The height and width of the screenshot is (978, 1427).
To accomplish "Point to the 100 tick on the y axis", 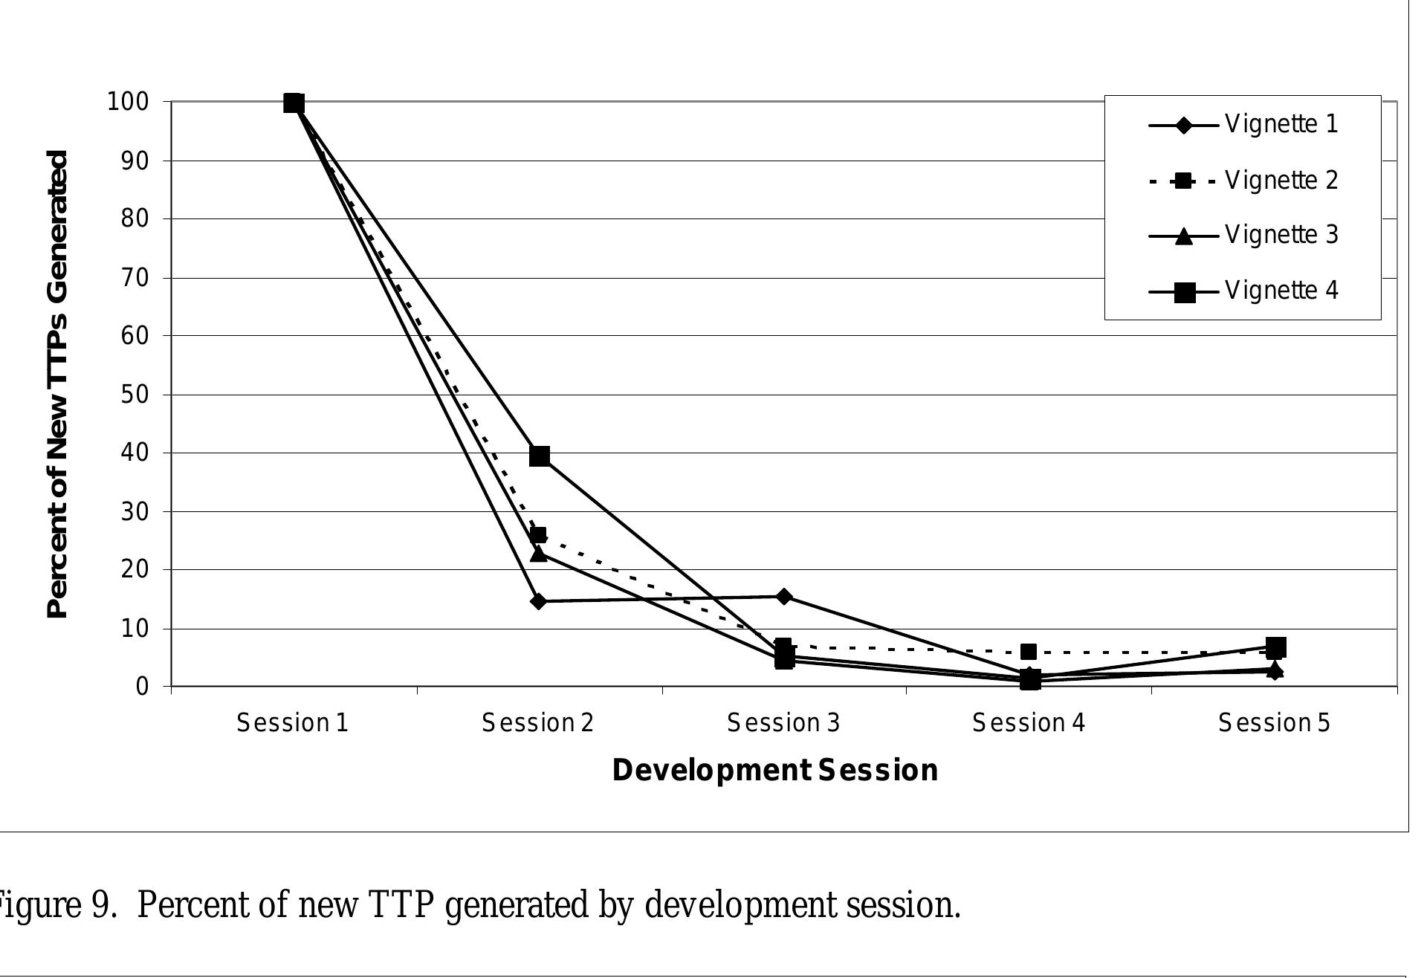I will tap(129, 102).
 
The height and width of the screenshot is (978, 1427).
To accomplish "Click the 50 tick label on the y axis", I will tap(135, 395).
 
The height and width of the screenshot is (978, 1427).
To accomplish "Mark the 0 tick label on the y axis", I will tap(143, 687).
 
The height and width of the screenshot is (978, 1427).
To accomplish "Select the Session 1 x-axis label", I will tap(293, 722).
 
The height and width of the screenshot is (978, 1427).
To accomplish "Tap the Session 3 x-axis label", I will tap(783, 722).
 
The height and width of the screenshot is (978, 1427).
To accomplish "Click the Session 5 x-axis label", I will tap(1274, 722).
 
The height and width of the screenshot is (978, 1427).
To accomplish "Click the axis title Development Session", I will tap(774, 771).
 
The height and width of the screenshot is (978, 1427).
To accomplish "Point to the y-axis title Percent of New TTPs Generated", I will tap(58, 384).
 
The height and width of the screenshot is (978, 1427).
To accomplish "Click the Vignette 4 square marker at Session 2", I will tap(540, 456).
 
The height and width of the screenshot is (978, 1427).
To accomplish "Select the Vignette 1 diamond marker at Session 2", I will tap(539, 600).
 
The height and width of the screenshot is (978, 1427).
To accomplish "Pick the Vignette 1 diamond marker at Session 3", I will tap(783, 596).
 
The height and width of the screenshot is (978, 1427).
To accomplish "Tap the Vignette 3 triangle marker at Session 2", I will tap(539, 554).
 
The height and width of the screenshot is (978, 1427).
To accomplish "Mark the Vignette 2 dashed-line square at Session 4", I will tap(1029, 652).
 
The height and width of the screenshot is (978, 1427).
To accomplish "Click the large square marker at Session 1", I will tap(294, 103).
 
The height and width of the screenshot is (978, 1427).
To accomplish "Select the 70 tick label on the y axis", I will tap(135, 278).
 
